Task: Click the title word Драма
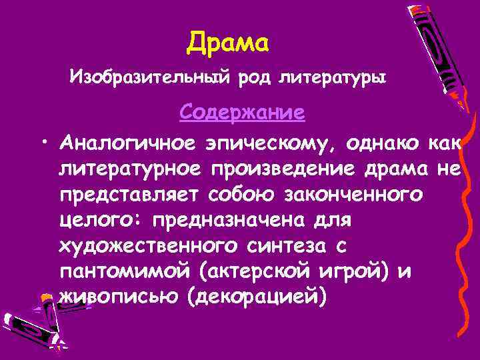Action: click(228, 43)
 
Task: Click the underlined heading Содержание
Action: click(242, 111)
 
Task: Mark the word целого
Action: click(103, 221)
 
